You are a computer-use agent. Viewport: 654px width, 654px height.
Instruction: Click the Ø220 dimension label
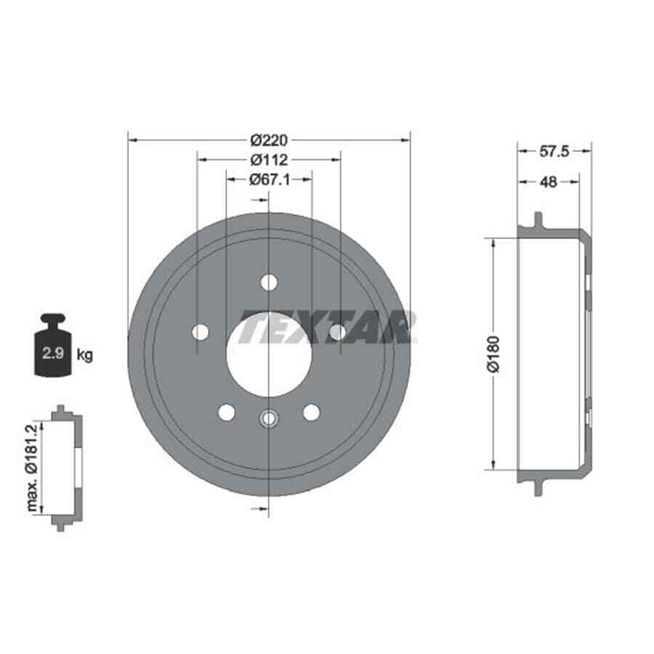pos(269,140)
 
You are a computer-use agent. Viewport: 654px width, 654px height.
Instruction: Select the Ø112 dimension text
pos(269,160)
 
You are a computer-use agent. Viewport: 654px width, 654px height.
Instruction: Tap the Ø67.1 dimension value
pos(270,179)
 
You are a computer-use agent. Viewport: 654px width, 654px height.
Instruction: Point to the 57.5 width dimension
pos(554,151)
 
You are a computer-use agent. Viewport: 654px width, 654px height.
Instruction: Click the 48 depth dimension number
pos(548,182)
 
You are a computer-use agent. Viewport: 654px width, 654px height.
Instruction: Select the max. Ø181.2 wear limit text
pos(32,468)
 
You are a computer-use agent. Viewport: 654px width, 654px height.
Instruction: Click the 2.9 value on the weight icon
pos(53,353)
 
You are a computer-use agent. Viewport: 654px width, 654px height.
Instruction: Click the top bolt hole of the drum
pos(269,283)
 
